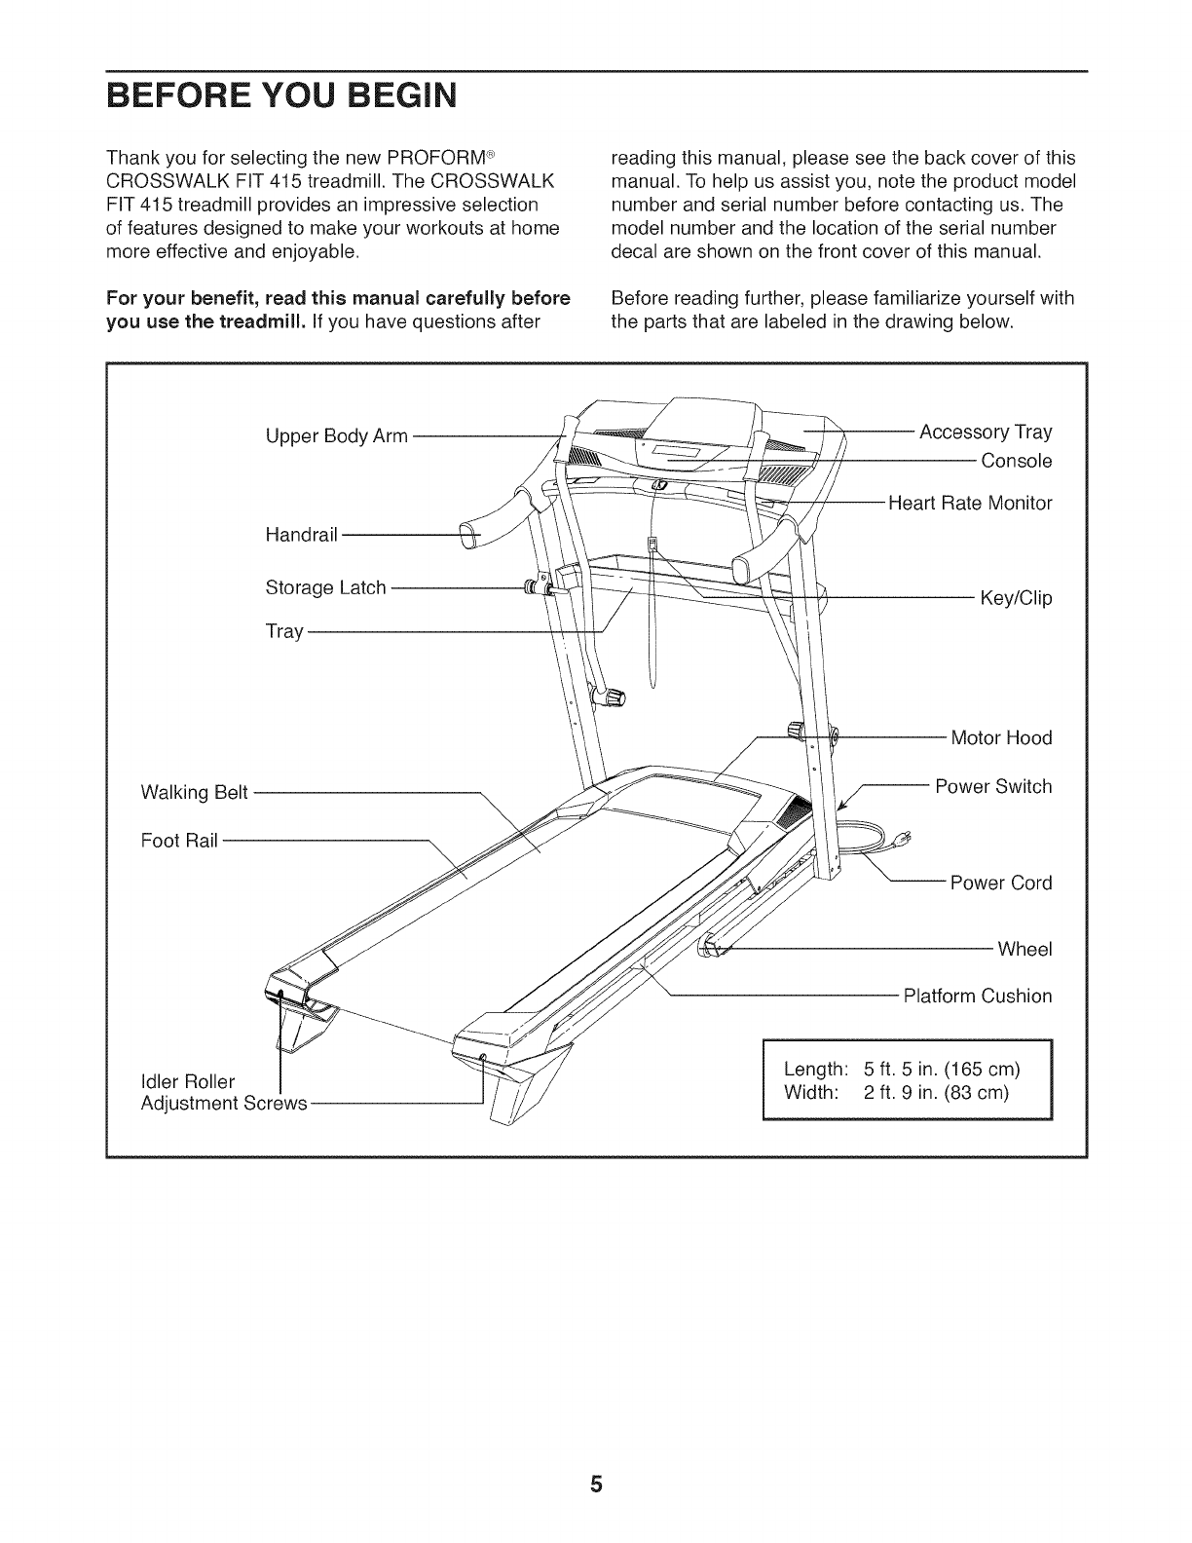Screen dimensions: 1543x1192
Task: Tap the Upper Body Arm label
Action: tap(336, 435)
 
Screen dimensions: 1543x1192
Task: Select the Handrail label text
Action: tap(301, 535)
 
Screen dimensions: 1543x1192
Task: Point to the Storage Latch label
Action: tap(325, 587)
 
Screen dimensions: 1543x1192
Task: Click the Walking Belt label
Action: tap(194, 792)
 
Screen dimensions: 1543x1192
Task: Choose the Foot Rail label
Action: tap(179, 840)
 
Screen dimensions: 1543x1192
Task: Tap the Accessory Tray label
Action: tap(986, 432)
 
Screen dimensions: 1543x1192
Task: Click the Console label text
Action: tap(1017, 461)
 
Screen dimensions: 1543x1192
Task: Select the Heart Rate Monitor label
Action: tap(970, 504)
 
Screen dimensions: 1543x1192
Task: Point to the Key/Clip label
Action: tap(1017, 598)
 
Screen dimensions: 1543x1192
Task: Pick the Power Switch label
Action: tap(993, 786)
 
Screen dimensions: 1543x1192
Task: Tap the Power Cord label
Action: tap(1001, 883)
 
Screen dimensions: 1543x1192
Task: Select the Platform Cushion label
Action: tap(978, 996)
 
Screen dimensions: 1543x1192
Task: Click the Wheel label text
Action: tap(1024, 949)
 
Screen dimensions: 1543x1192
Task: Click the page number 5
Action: tap(596, 1486)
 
